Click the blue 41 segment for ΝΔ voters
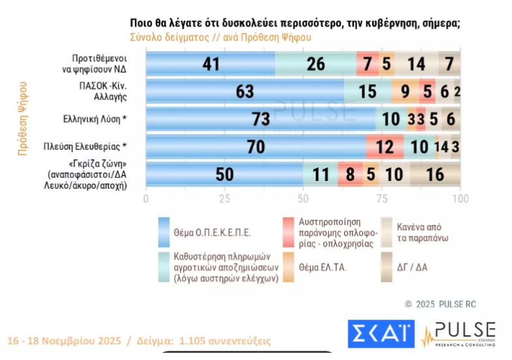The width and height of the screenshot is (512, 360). tap(210, 64)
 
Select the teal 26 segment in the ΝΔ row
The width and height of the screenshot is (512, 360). tap(315, 64)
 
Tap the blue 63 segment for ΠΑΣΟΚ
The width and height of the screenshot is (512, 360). tap(244, 92)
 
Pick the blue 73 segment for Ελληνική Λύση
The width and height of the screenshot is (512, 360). tap(261, 120)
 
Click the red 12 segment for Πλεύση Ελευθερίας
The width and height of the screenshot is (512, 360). tap(384, 147)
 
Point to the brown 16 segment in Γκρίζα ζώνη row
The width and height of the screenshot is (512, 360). tap(435, 175)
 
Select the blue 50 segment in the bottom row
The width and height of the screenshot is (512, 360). tap(224, 175)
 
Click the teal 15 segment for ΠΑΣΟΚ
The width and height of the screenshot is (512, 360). tap(367, 92)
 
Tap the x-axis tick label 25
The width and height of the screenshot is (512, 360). tap(224, 198)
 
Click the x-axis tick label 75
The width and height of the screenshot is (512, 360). tap(382, 198)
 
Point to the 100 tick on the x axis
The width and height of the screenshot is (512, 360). tap(460, 198)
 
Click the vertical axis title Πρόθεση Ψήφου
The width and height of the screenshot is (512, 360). tap(23, 118)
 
